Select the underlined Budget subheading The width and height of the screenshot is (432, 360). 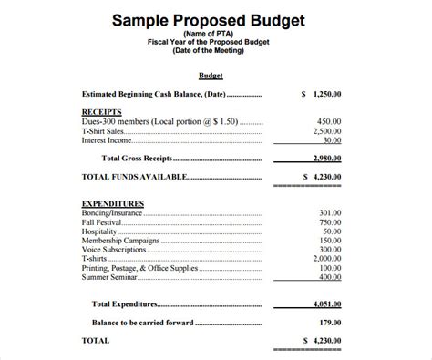(x=211, y=76)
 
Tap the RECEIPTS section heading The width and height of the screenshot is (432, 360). (x=101, y=111)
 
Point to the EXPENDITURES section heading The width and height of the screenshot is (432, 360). (x=114, y=202)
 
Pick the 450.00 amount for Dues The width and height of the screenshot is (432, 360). (x=330, y=121)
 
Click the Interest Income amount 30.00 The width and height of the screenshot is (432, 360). (x=333, y=140)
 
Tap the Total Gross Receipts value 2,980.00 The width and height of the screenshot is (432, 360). (x=324, y=158)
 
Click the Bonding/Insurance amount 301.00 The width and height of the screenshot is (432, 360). (x=330, y=212)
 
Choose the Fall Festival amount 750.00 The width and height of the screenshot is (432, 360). (x=330, y=222)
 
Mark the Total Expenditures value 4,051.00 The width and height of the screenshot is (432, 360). (x=324, y=303)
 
